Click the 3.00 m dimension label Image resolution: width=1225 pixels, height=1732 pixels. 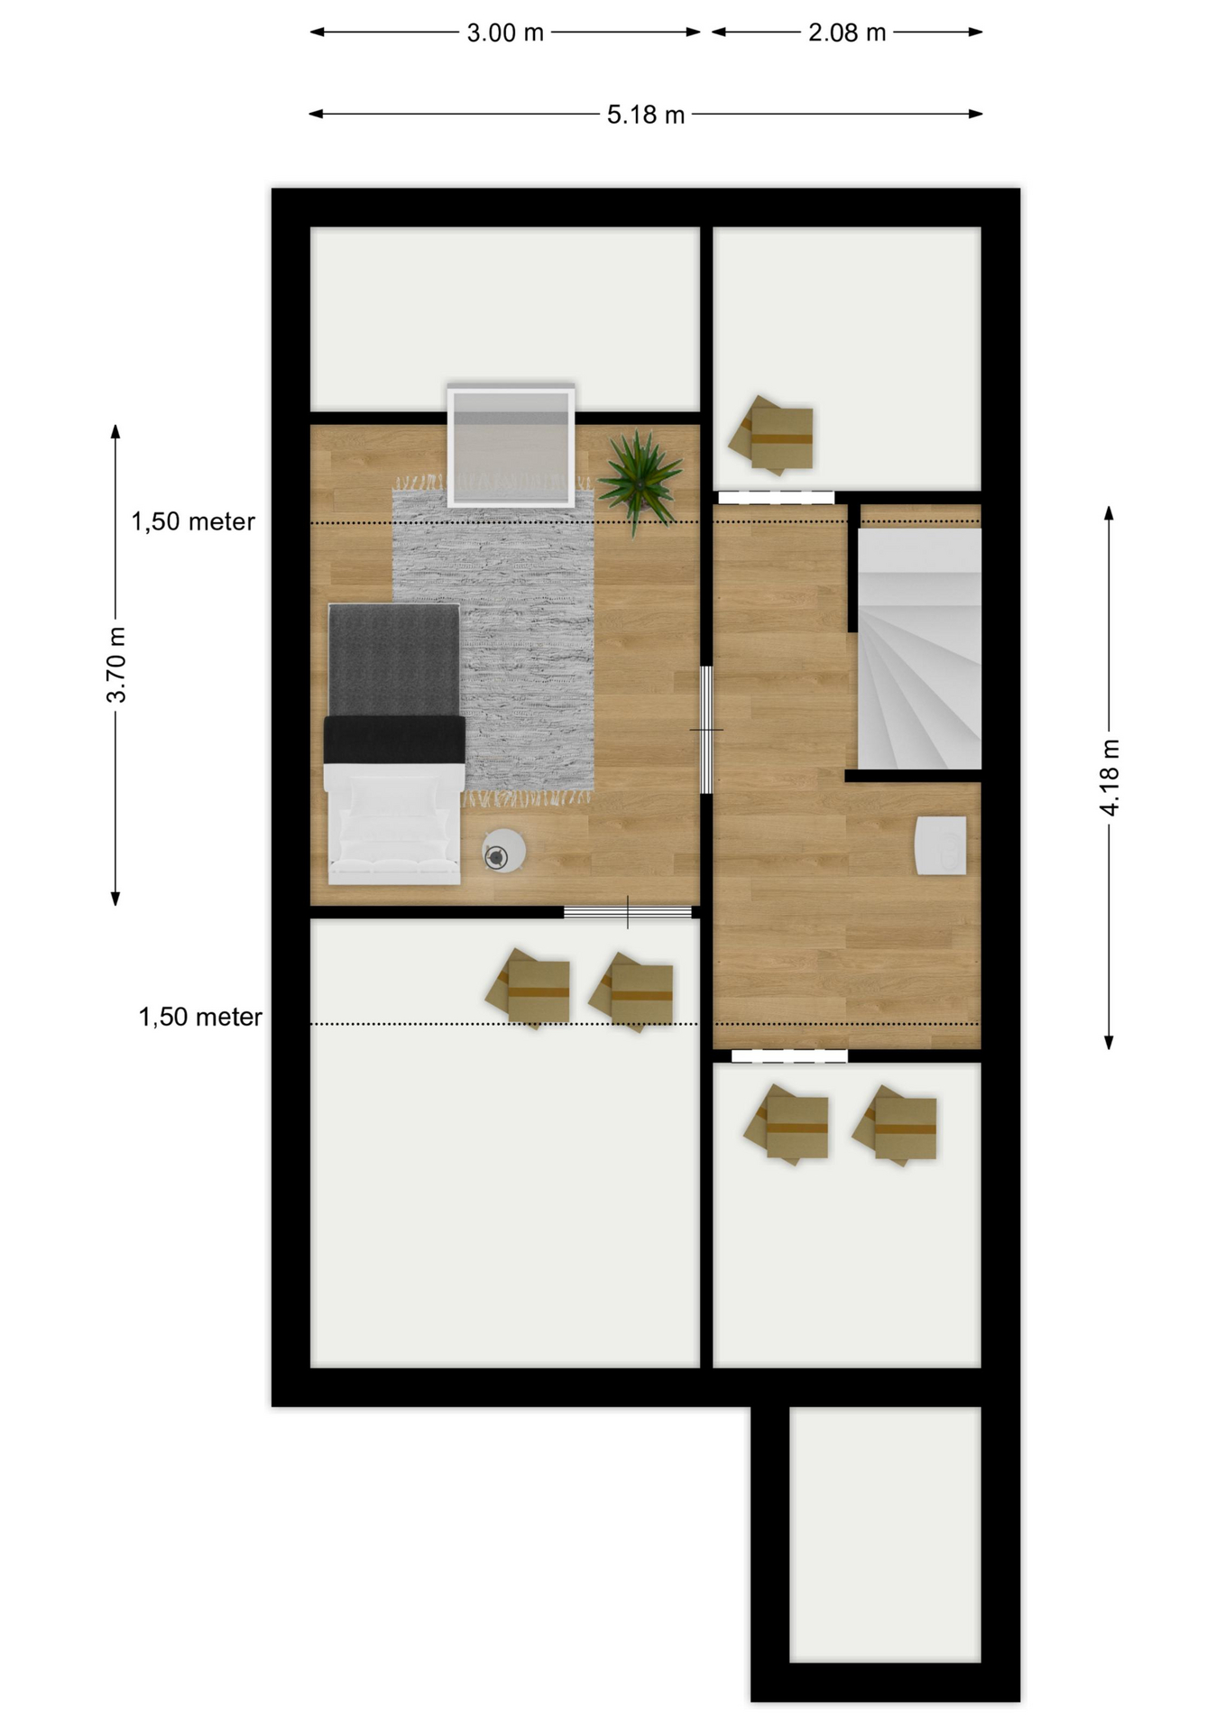[x=505, y=33]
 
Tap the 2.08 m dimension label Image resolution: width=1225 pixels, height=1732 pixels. [x=847, y=33]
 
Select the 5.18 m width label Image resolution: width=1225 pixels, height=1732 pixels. [x=646, y=115]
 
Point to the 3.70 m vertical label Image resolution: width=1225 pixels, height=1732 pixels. [x=116, y=664]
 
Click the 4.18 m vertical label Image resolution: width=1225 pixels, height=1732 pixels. [x=1110, y=778]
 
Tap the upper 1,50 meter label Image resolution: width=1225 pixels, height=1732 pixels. [x=193, y=521]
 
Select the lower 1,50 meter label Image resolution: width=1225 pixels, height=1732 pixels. [x=200, y=1018]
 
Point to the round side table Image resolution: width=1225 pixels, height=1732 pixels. [x=503, y=851]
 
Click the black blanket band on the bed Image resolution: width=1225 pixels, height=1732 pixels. [x=394, y=740]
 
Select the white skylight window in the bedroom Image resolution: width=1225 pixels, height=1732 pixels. [x=511, y=446]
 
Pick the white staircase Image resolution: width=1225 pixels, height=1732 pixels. [x=919, y=649]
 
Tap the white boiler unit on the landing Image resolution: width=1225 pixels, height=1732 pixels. [x=941, y=845]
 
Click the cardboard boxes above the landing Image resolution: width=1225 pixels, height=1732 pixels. [x=772, y=436]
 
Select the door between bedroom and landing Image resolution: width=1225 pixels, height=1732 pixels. [x=706, y=730]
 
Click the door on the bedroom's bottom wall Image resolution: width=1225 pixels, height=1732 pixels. [x=628, y=912]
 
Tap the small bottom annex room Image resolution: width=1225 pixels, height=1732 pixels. [x=885, y=1534]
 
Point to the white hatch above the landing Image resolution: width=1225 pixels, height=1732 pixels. [x=777, y=497]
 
